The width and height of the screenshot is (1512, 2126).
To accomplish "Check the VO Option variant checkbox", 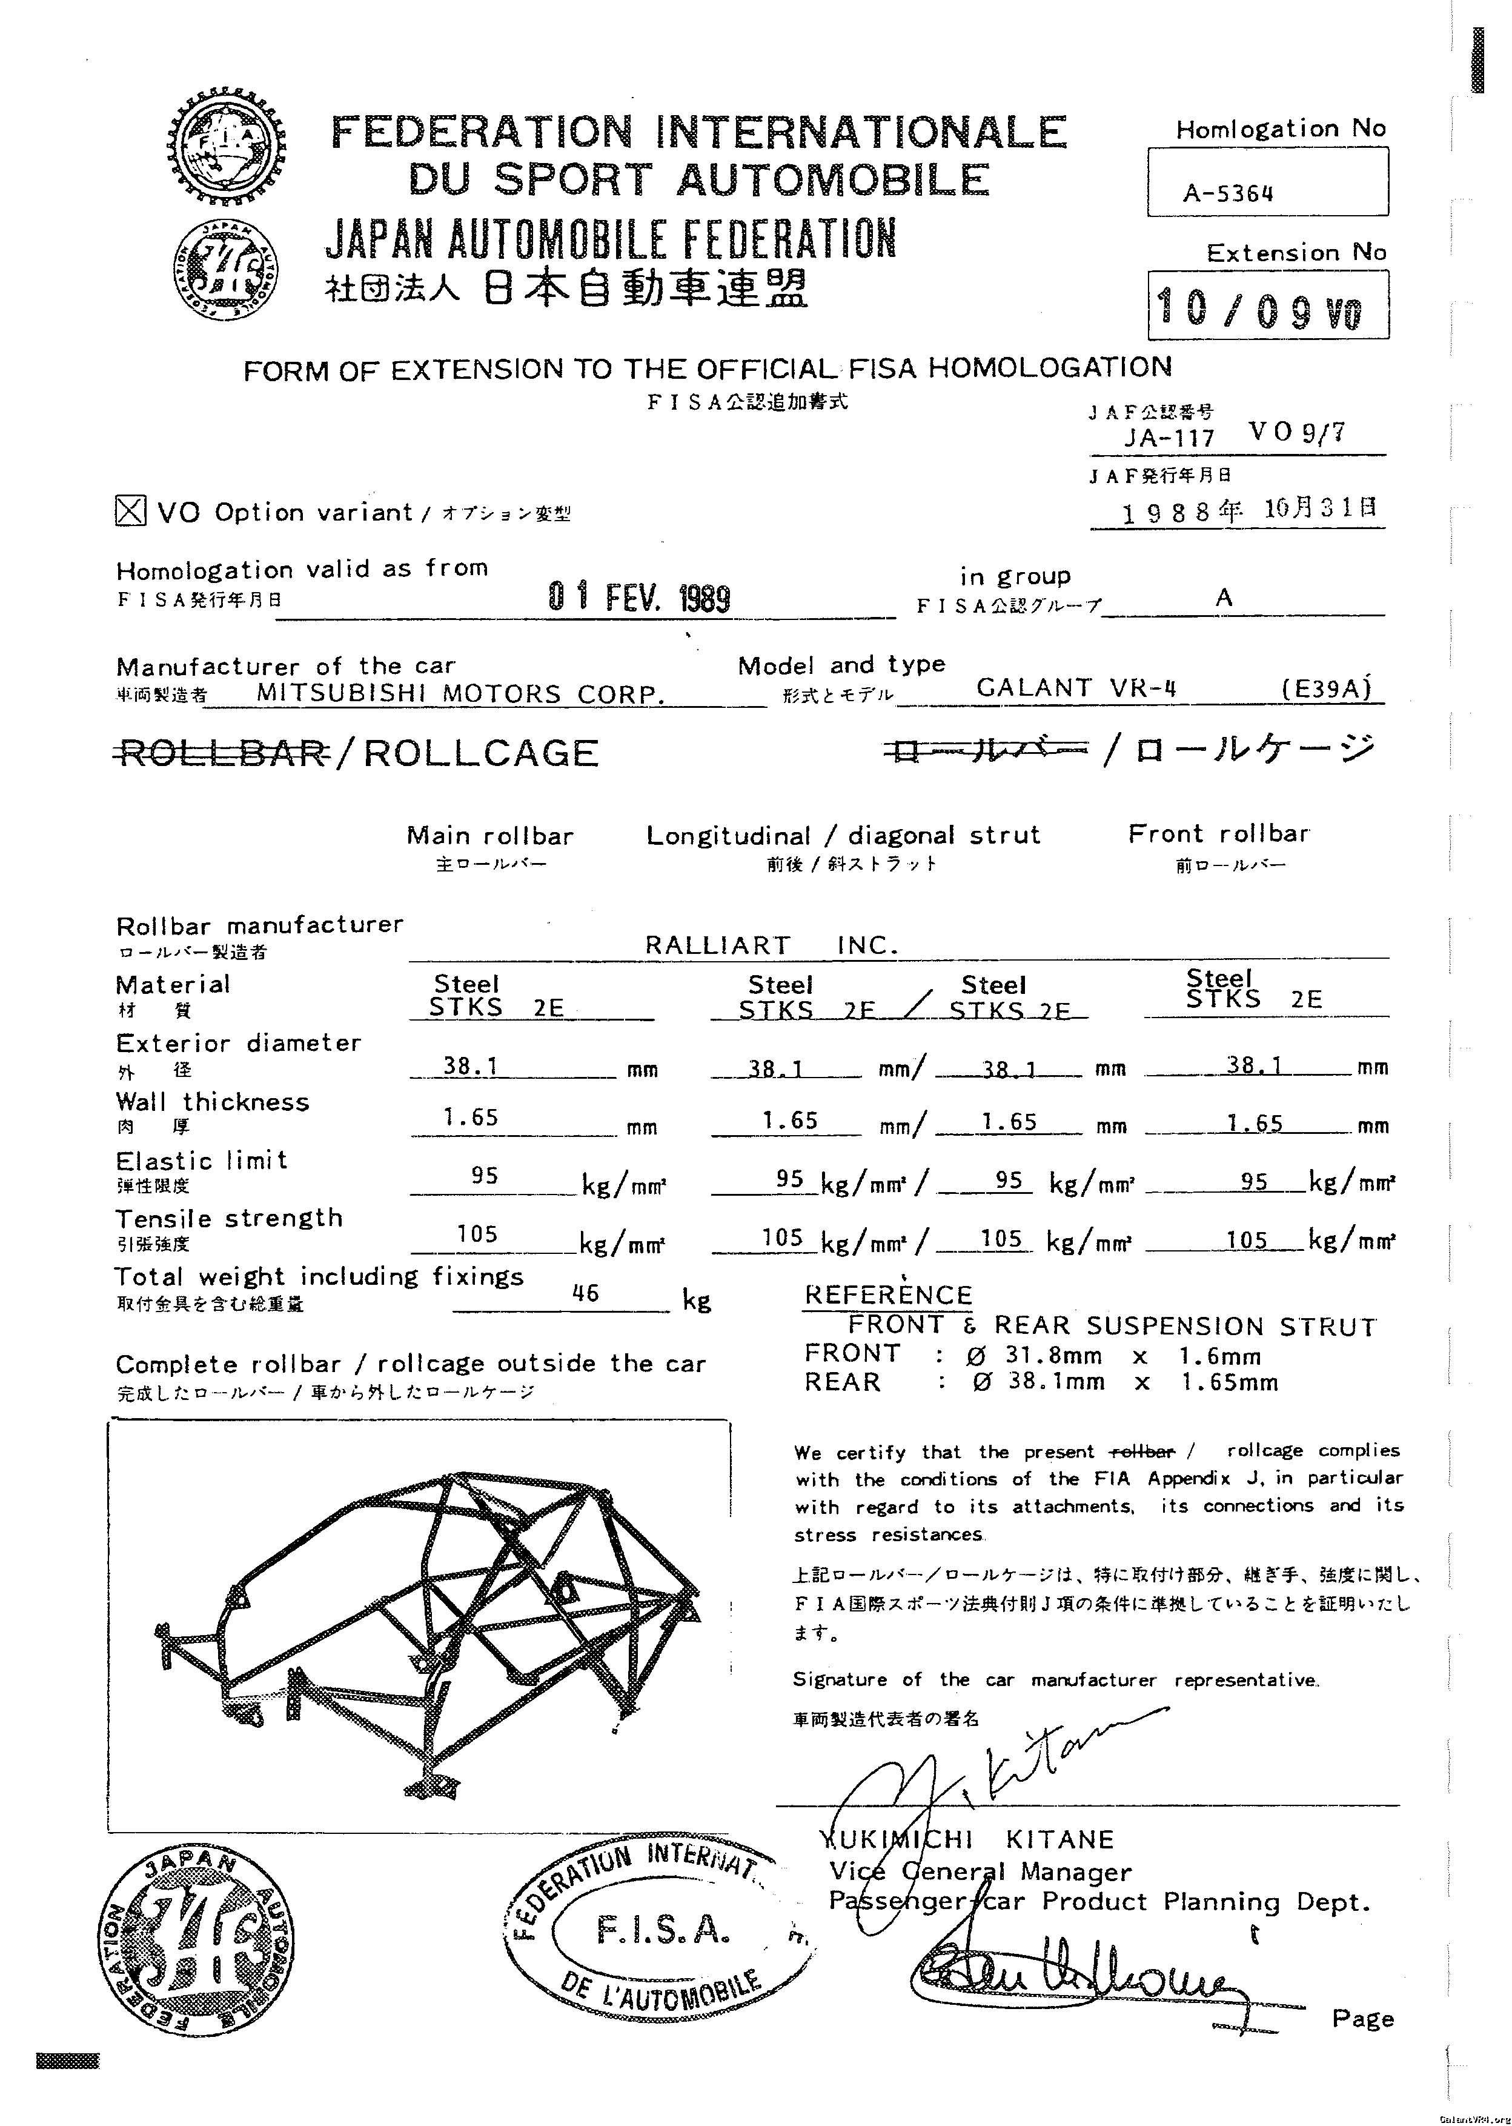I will click(x=130, y=510).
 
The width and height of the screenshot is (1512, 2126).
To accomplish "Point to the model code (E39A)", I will click(x=1326, y=689).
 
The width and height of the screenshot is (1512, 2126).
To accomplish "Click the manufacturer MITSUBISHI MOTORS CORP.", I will click(x=461, y=694).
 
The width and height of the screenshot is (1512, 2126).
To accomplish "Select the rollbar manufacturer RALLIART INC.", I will click(x=771, y=946).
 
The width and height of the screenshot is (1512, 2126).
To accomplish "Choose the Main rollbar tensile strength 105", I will click(x=477, y=1234).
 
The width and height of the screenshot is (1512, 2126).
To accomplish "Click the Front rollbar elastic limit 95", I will click(x=1254, y=1181).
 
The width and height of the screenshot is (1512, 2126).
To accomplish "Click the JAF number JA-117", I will click(x=1169, y=437).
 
